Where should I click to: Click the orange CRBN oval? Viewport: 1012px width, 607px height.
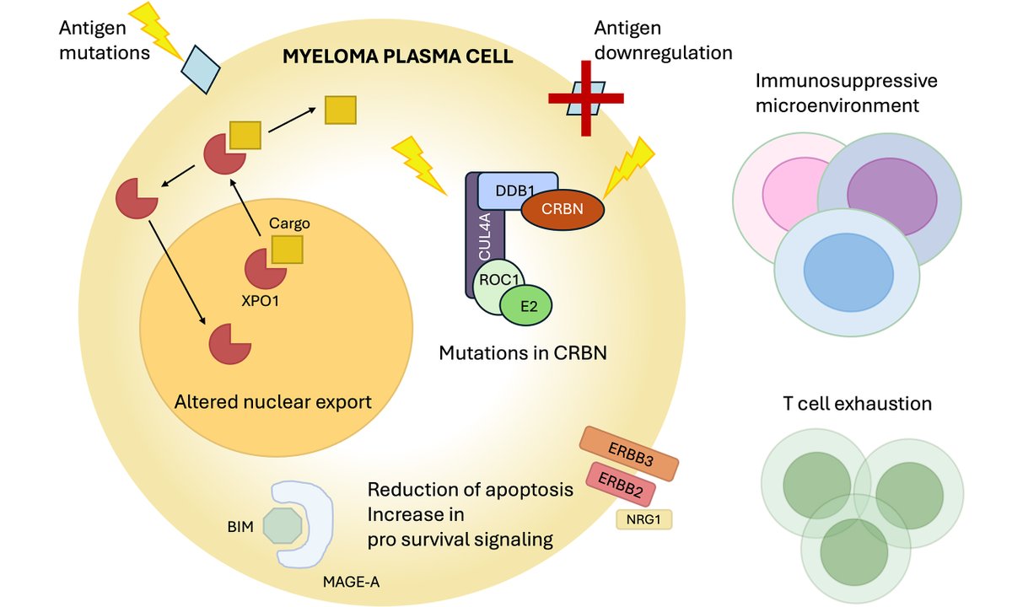(563, 209)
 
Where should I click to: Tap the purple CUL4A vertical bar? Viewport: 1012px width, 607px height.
(473, 244)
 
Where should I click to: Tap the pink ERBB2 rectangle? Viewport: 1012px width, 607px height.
(627, 486)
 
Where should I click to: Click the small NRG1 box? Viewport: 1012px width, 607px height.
(644, 518)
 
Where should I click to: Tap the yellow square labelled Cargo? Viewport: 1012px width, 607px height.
(287, 250)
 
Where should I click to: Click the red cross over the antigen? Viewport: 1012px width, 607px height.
(585, 99)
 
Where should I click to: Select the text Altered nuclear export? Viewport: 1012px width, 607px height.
(272, 402)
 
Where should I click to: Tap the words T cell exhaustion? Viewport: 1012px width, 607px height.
(857, 404)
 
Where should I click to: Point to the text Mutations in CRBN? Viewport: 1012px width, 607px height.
(523, 352)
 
